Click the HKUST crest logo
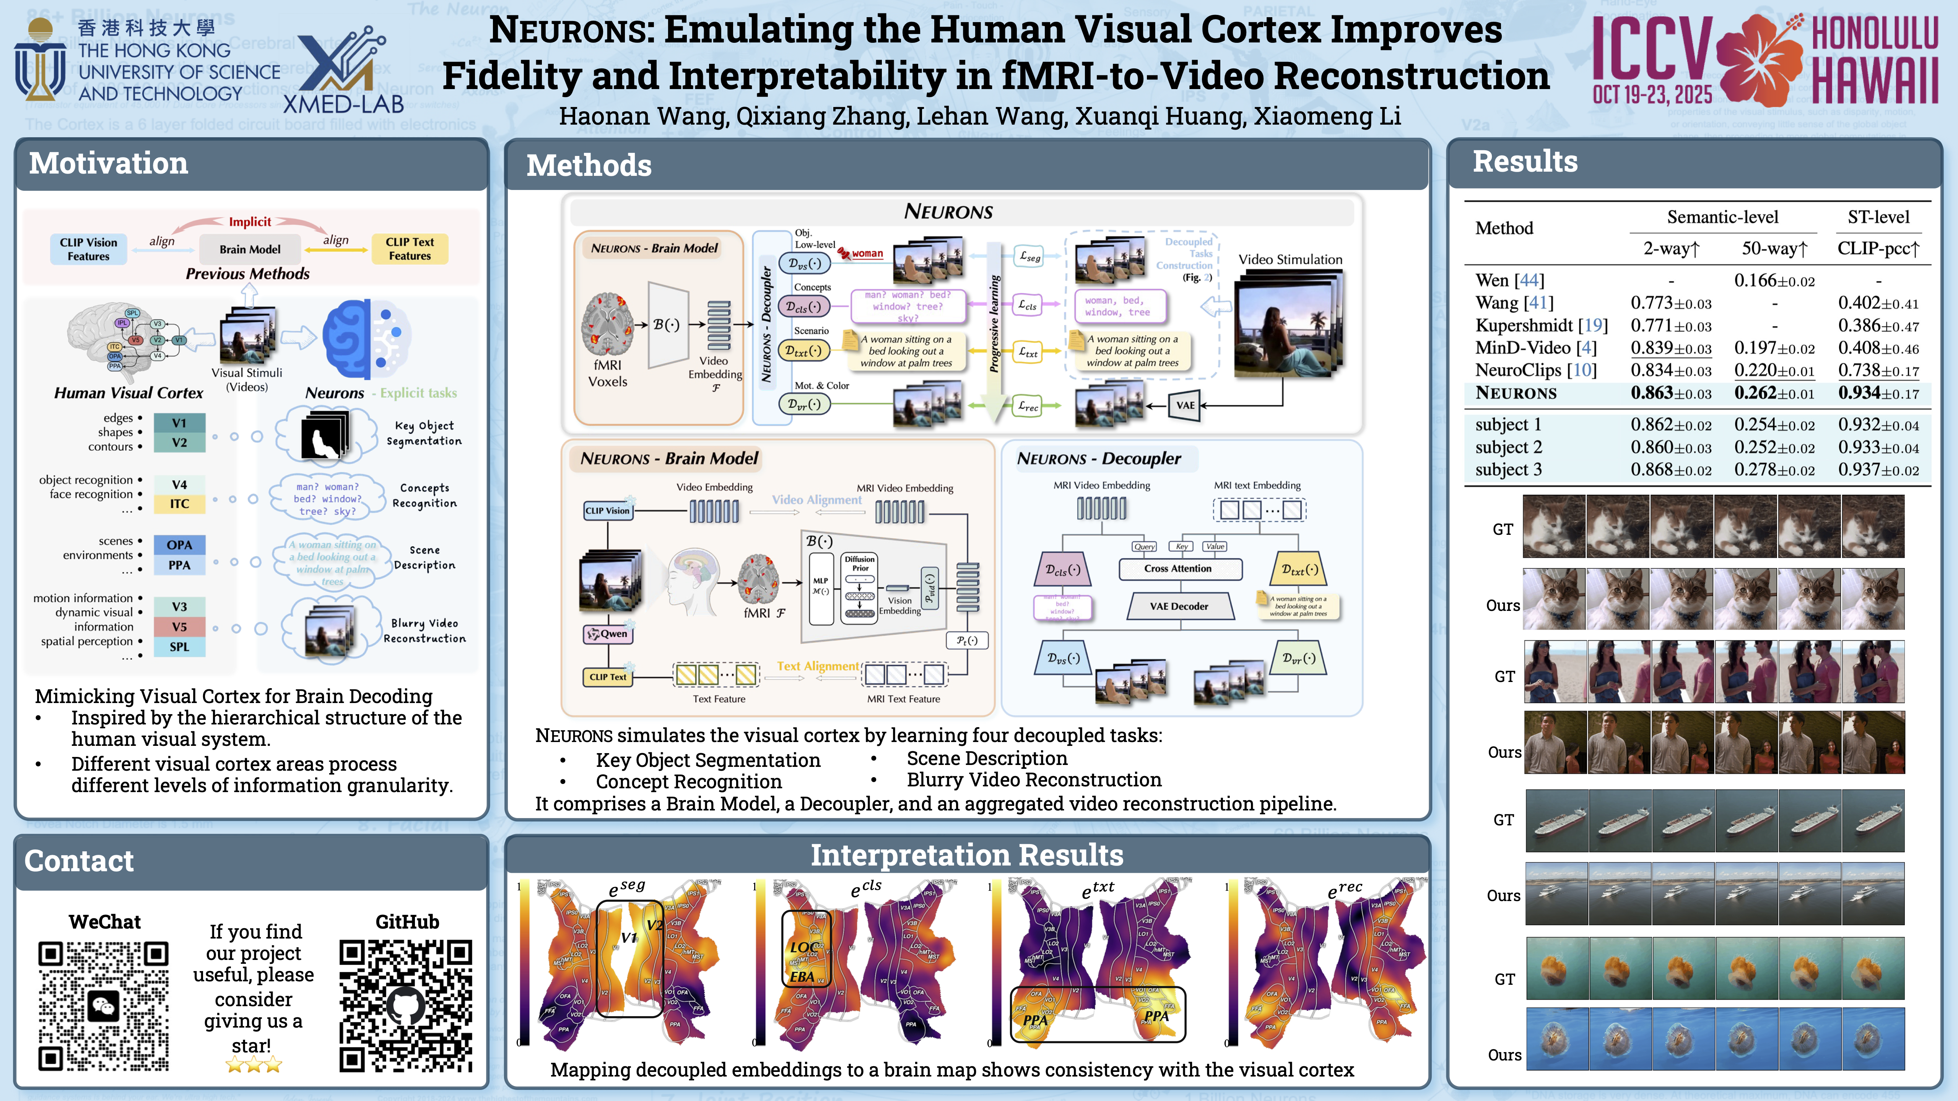[x=40, y=61]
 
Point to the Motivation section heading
[x=109, y=163]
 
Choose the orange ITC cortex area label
[x=179, y=504]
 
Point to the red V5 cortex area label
[x=179, y=627]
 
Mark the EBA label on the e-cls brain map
[x=802, y=976]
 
